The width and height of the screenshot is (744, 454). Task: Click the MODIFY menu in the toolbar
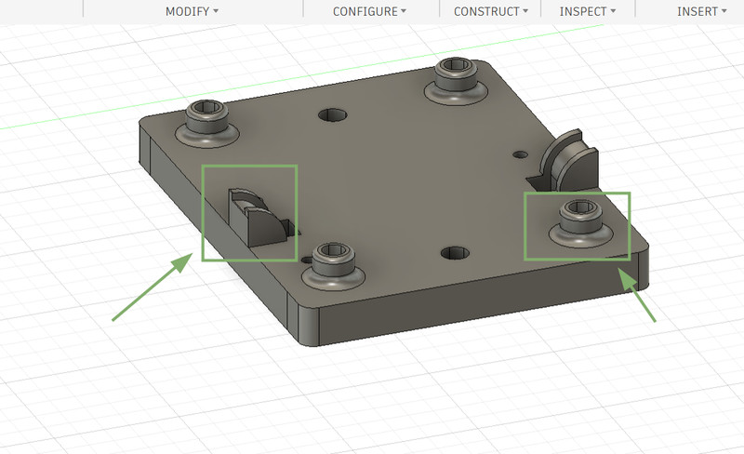tap(192, 11)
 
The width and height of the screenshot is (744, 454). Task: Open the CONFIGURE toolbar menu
tap(369, 11)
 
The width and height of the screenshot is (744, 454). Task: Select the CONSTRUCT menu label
tap(491, 11)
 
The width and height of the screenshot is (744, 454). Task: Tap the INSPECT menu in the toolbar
tap(588, 11)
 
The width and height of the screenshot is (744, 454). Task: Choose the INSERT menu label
tap(701, 11)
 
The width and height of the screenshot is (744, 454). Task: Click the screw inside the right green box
tap(580, 223)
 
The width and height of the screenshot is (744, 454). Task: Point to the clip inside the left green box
tap(259, 217)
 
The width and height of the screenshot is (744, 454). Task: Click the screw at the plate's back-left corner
tap(206, 124)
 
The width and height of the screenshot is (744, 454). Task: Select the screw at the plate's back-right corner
tap(456, 81)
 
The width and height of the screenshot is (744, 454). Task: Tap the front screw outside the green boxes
tap(333, 266)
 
